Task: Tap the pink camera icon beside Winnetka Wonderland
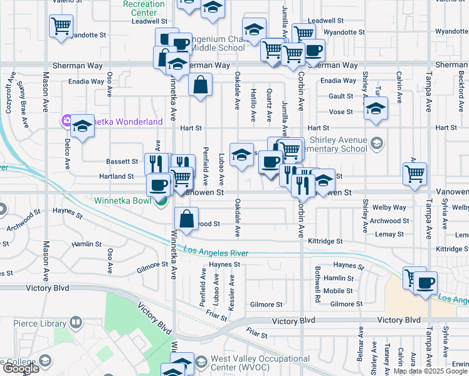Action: [65, 121]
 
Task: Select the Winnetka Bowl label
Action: [124, 201]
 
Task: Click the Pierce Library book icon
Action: [75, 323]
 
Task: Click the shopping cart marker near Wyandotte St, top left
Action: [61, 27]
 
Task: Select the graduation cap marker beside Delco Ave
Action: [82, 127]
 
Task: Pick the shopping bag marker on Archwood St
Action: [187, 219]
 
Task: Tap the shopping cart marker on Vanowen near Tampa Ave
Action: [414, 174]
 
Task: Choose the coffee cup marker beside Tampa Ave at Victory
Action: [426, 282]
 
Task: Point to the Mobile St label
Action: [338, 291]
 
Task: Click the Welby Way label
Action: [389, 207]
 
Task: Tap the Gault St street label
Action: [341, 96]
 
